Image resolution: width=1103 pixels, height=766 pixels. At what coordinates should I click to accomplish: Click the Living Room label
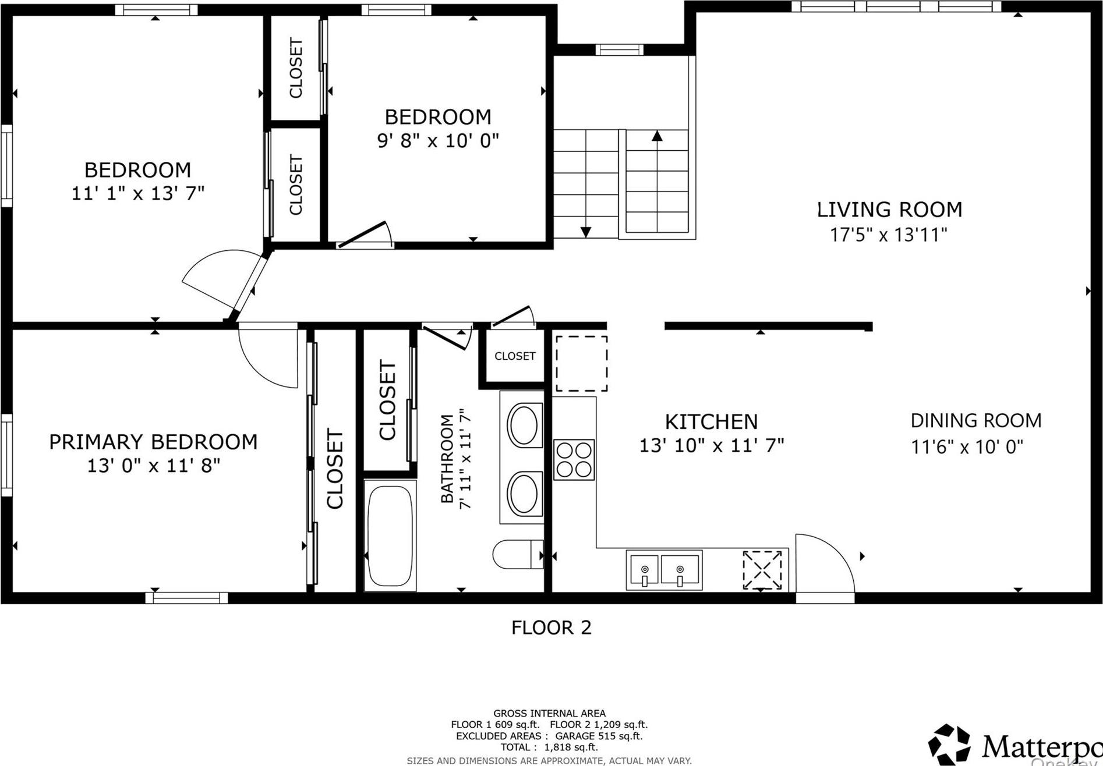pos(889,210)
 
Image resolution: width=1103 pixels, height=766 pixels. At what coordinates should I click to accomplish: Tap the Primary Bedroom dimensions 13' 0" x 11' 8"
pos(154,466)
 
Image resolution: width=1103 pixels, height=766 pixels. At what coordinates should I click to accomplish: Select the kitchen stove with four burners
pos(574,460)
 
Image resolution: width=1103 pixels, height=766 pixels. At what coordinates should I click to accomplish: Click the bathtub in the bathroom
pos(390,536)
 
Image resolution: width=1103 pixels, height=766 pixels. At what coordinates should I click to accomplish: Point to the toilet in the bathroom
pos(517,554)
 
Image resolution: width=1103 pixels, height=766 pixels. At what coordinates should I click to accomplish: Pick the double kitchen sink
pos(664,570)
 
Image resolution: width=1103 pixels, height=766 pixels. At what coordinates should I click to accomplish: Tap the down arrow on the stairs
pos(586,231)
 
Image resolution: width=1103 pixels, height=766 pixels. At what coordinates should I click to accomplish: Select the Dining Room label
pos(975,420)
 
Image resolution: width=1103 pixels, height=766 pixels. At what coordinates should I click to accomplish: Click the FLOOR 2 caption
pos(551,627)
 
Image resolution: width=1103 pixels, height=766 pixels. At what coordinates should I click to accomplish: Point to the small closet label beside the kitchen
pos(515,356)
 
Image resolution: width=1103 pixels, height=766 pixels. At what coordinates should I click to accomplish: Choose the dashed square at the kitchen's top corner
pos(581,363)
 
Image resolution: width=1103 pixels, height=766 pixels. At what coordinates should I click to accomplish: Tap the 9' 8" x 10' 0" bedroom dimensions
pos(438,141)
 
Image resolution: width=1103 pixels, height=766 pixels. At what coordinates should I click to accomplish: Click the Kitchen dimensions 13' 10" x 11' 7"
pos(712,445)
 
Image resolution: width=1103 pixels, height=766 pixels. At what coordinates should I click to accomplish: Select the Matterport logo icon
pos(949,743)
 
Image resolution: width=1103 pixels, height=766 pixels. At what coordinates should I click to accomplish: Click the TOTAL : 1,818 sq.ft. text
pos(549,747)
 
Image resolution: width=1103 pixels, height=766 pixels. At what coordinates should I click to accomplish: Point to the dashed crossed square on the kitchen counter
pos(762,569)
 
